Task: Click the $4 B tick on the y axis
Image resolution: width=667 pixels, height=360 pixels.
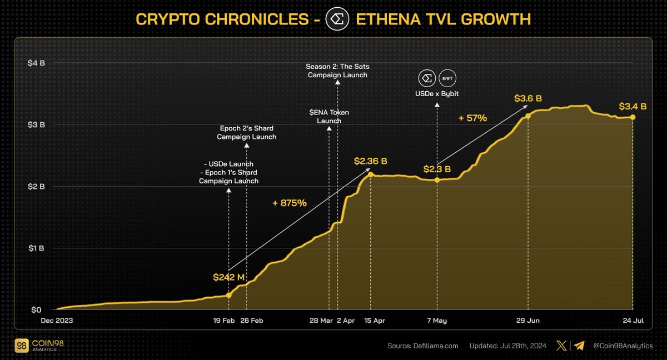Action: [x=37, y=63]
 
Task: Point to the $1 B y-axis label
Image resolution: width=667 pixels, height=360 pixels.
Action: [x=37, y=248]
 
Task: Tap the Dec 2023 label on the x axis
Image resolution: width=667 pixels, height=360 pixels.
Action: [x=57, y=321]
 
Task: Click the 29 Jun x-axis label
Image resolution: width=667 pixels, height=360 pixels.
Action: [x=528, y=321]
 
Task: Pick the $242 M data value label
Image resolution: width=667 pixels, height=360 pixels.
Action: [x=228, y=277]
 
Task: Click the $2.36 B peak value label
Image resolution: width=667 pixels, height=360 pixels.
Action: [x=371, y=161]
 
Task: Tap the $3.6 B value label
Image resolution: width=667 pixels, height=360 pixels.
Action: [x=528, y=99]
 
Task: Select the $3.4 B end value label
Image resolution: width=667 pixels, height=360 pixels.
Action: [x=633, y=106]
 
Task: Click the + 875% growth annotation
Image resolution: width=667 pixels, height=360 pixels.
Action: [x=289, y=203]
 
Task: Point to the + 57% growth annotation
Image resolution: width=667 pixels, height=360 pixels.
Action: [x=472, y=118]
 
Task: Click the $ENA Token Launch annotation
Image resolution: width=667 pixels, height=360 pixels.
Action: [x=329, y=116]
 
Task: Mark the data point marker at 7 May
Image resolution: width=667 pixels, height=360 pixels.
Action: [x=437, y=180]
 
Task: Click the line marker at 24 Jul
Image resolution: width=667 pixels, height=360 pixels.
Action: [x=633, y=117]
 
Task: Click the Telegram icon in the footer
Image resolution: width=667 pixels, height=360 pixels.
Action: [x=579, y=346]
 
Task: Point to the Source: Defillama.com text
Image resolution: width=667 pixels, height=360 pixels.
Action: [x=422, y=346]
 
